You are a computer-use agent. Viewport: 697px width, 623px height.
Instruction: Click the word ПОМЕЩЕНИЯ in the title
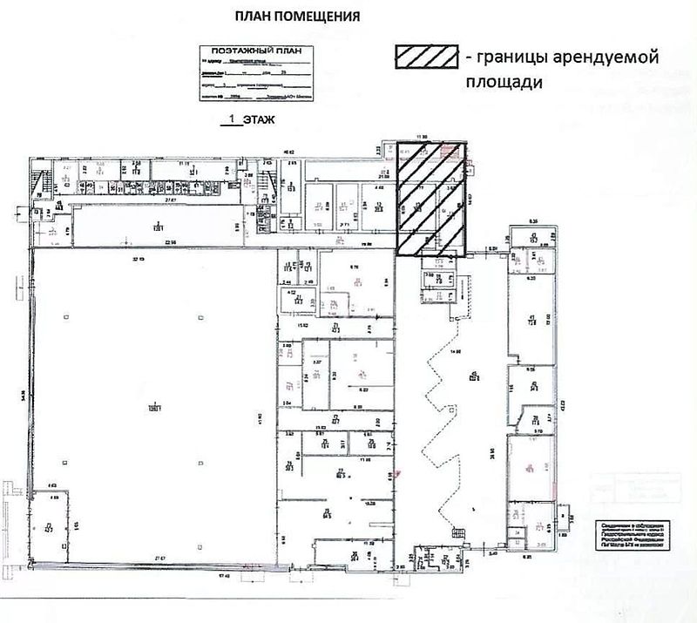click(321, 17)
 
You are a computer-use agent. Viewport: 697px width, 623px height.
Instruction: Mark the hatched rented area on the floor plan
click(431, 198)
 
